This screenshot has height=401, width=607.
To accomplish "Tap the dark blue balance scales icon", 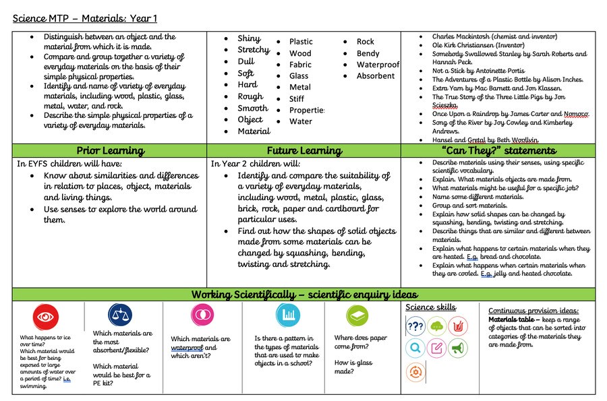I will [x=120, y=315].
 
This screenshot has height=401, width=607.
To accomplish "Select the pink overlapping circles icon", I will [x=200, y=315].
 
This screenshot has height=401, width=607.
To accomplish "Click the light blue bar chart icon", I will [x=288, y=315].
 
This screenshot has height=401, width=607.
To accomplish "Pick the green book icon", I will [x=357, y=315].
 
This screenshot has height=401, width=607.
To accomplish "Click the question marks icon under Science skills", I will [x=415, y=327].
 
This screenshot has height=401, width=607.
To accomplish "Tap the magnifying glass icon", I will [x=415, y=348].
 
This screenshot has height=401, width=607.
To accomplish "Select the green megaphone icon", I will [x=457, y=348].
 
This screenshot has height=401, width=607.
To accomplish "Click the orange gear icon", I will [x=415, y=371].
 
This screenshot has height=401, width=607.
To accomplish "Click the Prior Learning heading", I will [x=110, y=151].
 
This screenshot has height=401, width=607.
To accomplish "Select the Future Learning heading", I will [x=303, y=151].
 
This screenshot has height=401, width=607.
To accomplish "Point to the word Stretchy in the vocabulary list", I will [x=254, y=50].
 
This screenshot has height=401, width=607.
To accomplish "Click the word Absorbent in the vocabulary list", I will [x=376, y=76].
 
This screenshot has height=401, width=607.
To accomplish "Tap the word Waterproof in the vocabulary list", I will [x=378, y=65].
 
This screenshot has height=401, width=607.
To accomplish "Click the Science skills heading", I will [x=430, y=307].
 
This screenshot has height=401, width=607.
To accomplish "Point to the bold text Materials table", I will [x=511, y=319].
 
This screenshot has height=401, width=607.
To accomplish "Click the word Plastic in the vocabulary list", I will [x=301, y=42].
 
